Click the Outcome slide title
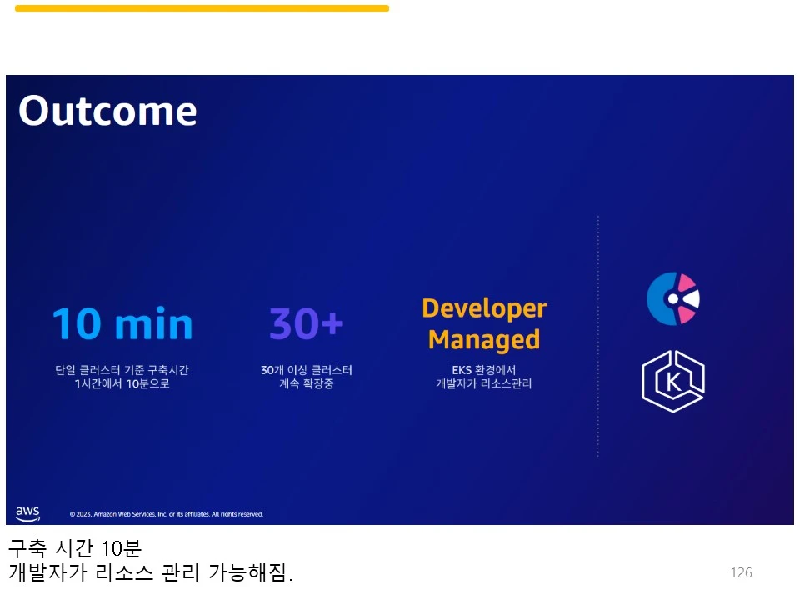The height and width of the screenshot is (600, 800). click(x=107, y=110)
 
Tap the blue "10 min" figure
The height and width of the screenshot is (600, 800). click(x=122, y=323)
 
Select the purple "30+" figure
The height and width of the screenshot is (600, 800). click(x=306, y=323)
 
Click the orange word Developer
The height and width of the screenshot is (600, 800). click(x=484, y=308)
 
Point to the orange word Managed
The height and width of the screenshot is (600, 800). click(x=484, y=340)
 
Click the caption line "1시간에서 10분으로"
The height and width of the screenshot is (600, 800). click(x=122, y=383)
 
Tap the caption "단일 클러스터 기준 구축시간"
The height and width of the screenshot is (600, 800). click(x=122, y=370)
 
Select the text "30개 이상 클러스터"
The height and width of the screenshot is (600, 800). click(x=307, y=370)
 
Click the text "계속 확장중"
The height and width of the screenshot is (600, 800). click(x=307, y=383)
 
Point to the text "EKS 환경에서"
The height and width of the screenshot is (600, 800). click(x=483, y=370)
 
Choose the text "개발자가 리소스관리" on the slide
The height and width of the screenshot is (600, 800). click(x=483, y=383)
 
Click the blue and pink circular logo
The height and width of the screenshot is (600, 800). click(x=673, y=299)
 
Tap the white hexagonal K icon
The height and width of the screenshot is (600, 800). click(x=673, y=381)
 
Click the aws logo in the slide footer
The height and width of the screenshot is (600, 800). click(x=27, y=513)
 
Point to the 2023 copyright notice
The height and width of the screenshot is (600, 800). click(x=167, y=514)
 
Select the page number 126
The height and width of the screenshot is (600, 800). click(x=742, y=573)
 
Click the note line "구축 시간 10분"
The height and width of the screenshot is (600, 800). click(x=75, y=548)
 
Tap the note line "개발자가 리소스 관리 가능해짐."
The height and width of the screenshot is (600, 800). click(x=151, y=572)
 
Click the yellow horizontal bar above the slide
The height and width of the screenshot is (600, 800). click(x=202, y=8)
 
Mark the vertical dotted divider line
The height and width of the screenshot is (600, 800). click(x=598, y=336)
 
